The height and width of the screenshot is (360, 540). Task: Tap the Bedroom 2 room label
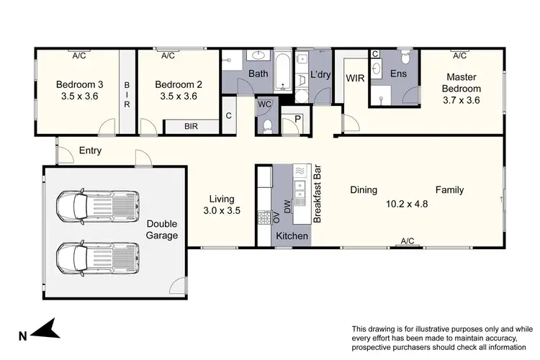pos(179,84)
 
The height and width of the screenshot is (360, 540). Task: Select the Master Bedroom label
pos(463,83)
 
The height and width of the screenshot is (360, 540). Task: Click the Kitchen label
pos(292,236)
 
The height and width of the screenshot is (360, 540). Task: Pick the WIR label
pos(354,77)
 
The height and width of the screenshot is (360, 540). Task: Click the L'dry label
pos(320,74)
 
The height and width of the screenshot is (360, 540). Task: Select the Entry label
pos(91,151)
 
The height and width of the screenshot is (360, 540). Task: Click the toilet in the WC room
pos(267,126)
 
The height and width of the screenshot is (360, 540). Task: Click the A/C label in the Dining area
pos(408,241)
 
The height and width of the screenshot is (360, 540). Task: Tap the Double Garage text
pos(162,230)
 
